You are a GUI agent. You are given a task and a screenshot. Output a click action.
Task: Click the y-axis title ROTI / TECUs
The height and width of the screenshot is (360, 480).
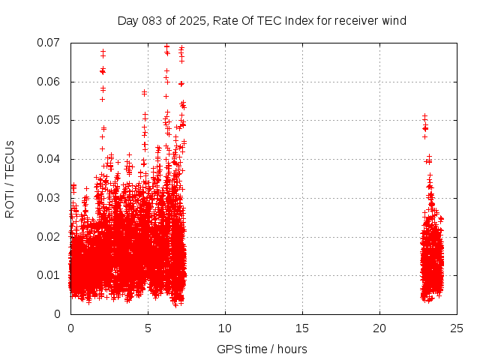pyautogui.click(x=10, y=178)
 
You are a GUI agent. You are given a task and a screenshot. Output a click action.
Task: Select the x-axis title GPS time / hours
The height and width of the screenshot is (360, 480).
pyautogui.click(x=262, y=349)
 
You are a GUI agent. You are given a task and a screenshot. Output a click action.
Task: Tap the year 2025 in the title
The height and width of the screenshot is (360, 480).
pyautogui.click(x=193, y=21)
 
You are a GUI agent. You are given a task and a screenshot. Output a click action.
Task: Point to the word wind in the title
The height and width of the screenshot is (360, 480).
pyautogui.click(x=394, y=21)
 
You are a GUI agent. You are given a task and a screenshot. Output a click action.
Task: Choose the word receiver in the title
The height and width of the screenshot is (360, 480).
pyautogui.click(x=355, y=21)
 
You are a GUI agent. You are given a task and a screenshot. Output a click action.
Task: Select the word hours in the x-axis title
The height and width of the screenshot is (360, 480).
pyautogui.click(x=291, y=349)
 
